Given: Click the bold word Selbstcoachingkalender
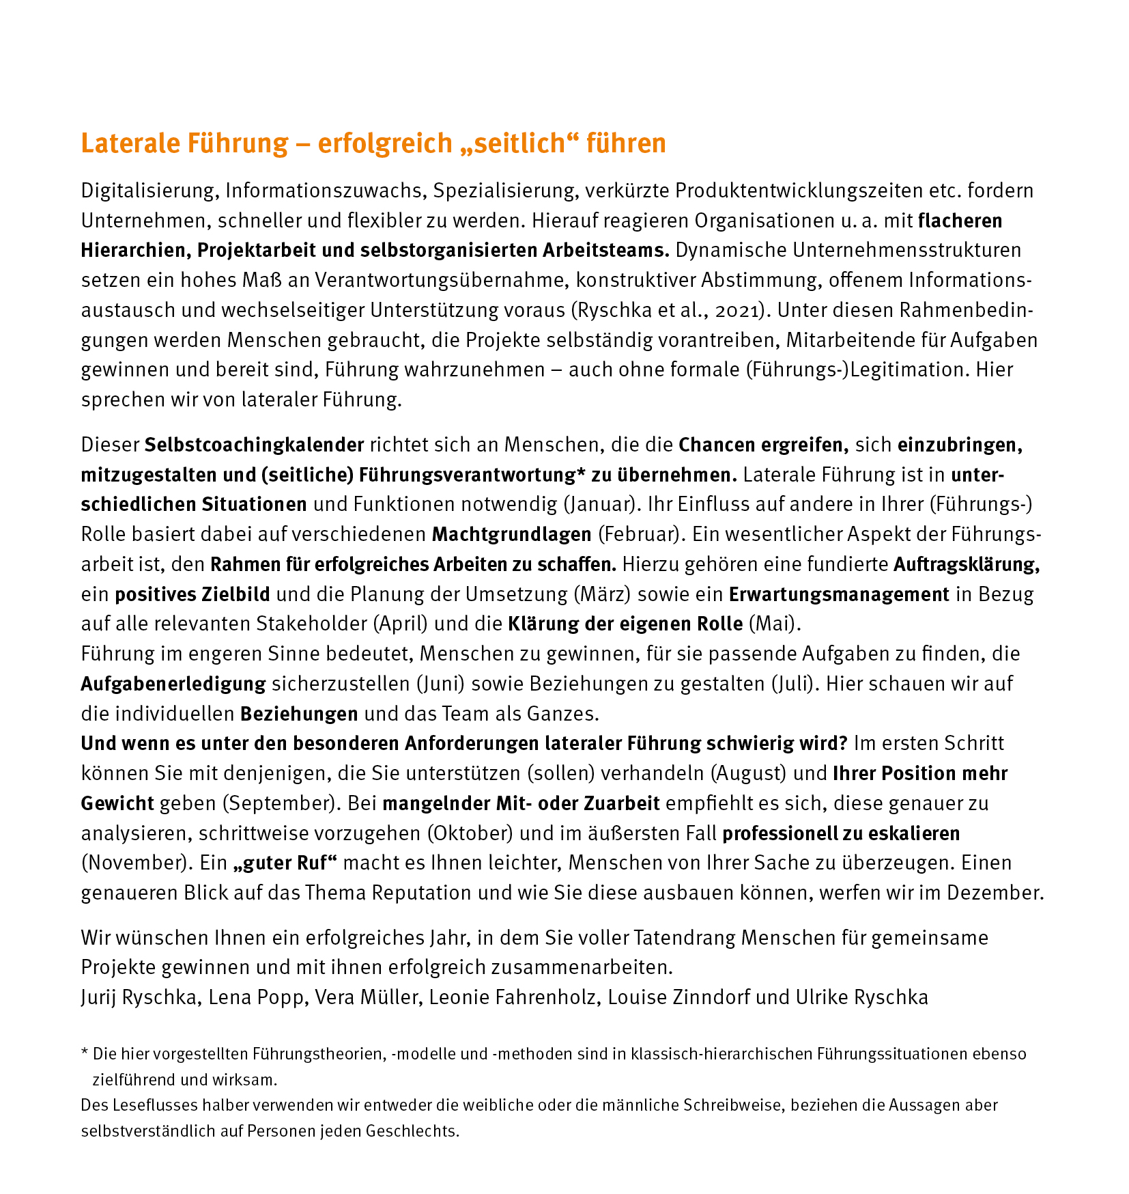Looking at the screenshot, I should (254, 445).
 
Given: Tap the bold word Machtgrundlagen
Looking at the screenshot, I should (511, 534).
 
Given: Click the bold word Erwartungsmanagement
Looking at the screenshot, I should (839, 594).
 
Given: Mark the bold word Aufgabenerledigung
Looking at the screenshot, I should (173, 684).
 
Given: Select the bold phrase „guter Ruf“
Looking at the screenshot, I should (285, 863).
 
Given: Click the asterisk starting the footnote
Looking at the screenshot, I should (85, 1053).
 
